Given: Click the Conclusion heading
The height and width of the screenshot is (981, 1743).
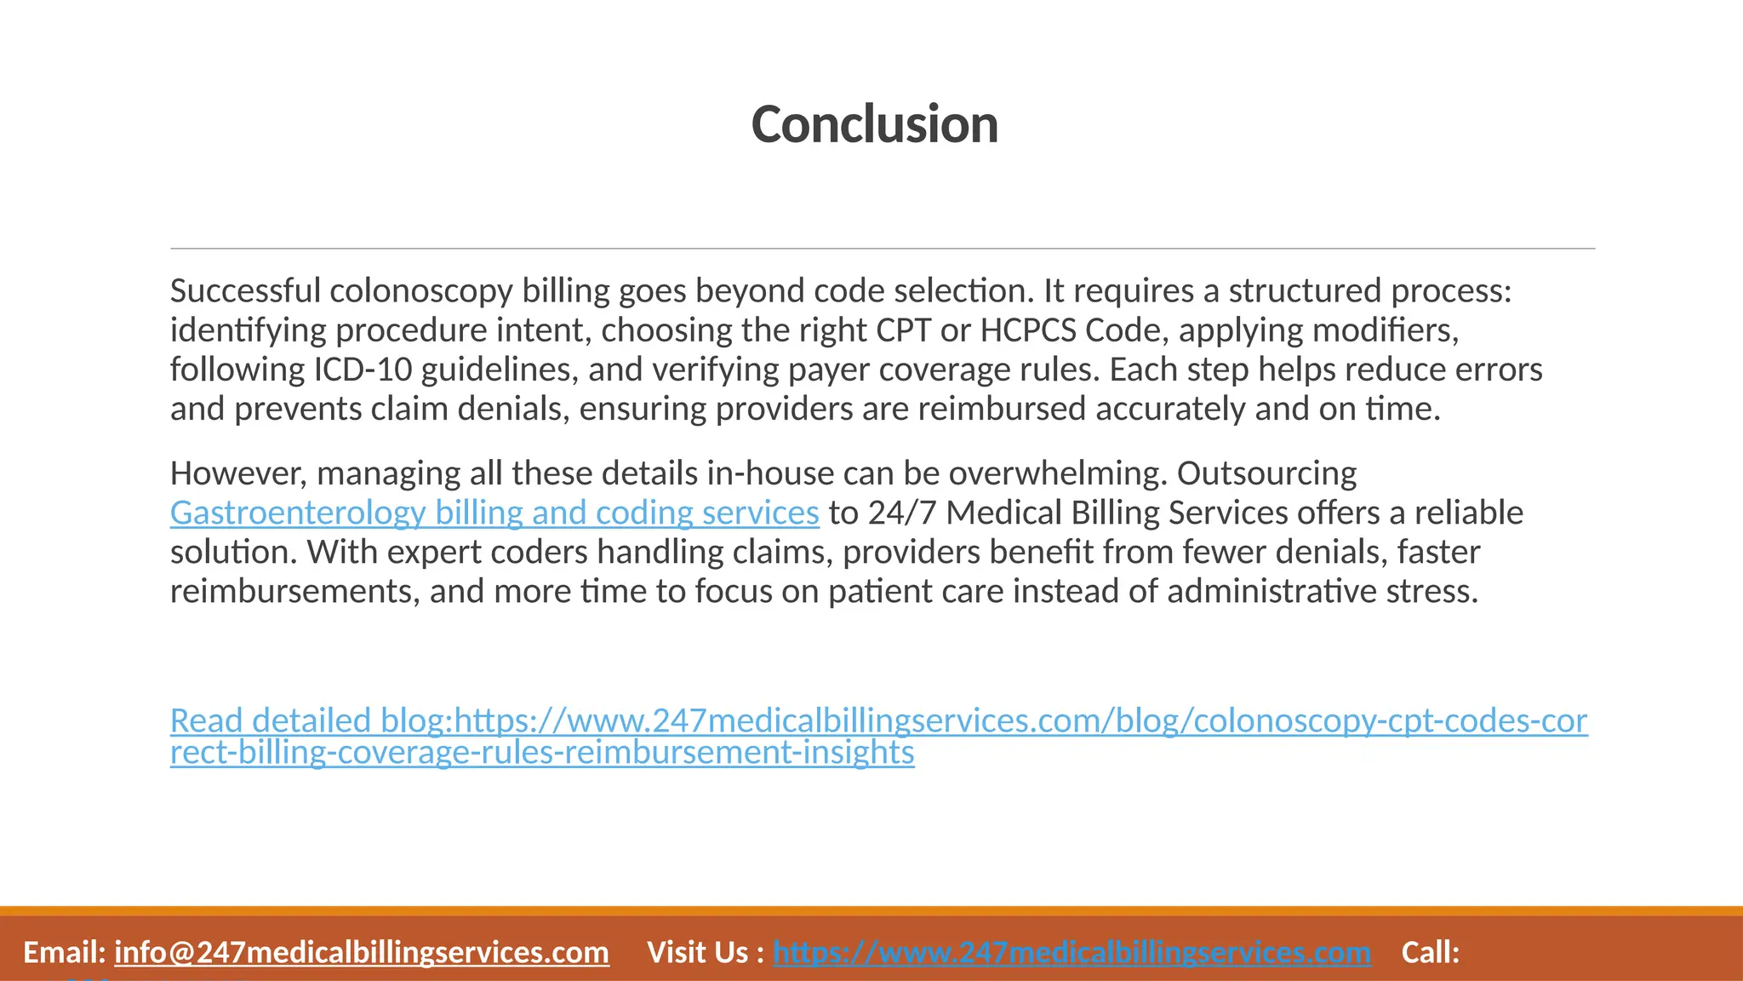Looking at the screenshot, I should pyautogui.click(x=874, y=124).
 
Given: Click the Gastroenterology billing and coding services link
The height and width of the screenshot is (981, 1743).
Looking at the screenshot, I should pyautogui.click(x=494, y=513).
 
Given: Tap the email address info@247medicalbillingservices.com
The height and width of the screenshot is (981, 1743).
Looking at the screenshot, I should pyautogui.click(x=362, y=952).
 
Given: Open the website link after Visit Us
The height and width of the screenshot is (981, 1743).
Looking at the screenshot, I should pyautogui.click(x=1072, y=952).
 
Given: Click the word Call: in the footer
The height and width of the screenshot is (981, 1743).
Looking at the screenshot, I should pyautogui.click(x=1430, y=952).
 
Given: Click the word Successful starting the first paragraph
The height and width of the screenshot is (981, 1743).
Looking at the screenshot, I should pyautogui.click(x=245, y=291).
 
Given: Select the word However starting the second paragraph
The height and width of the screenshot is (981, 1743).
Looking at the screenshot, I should pyautogui.click(x=238, y=473).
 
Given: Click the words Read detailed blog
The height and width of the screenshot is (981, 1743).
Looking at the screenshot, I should pyautogui.click(x=308, y=720).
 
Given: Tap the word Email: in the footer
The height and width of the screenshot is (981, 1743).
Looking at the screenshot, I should pyautogui.click(x=64, y=952).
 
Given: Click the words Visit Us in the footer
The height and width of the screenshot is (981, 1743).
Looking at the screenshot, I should pyautogui.click(x=698, y=952).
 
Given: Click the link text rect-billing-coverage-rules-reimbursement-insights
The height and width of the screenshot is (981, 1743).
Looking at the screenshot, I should pyautogui.click(x=542, y=753).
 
